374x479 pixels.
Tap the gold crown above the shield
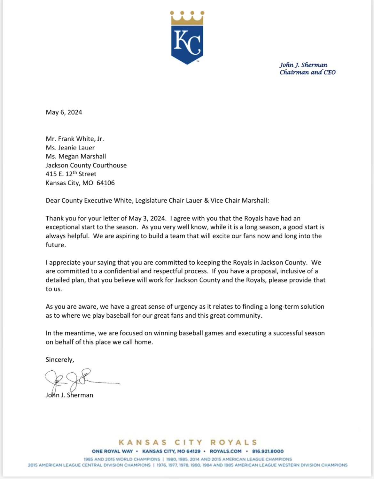pyautogui.click(x=187, y=18)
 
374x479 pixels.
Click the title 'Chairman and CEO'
pyautogui.click(x=308, y=72)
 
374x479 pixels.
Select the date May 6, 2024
pyautogui.click(x=64, y=112)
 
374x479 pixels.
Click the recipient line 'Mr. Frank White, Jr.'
pyautogui.click(x=75, y=139)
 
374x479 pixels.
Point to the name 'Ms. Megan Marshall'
pyautogui.click(x=76, y=156)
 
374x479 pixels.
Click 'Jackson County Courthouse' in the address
pyautogui.click(x=86, y=165)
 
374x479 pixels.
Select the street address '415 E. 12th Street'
pyautogui.click(x=71, y=174)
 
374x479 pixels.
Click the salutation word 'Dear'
pyautogui.click(x=53, y=201)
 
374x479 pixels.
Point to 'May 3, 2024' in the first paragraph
pyautogui.click(x=147, y=219)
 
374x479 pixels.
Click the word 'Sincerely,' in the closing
pyautogui.click(x=60, y=359)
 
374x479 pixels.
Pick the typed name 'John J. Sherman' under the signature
pyautogui.click(x=69, y=395)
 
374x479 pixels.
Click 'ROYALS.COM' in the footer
pyautogui.click(x=226, y=451)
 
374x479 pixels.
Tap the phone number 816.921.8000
pyautogui.click(x=268, y=451)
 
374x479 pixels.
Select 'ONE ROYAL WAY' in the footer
pyautogui.click(x=112, y=451)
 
